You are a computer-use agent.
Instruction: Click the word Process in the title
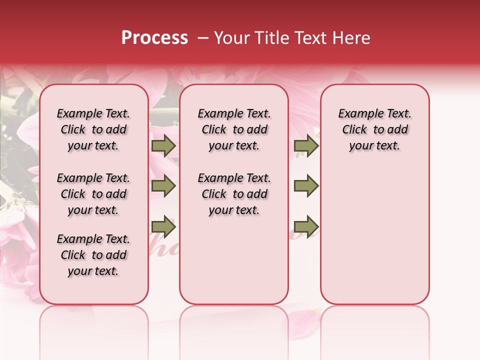[154, 38]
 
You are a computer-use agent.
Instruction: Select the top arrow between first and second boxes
[163, 146]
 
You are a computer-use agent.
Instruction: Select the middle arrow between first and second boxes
[163, 186]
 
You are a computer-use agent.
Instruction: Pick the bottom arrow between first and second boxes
[163, 227]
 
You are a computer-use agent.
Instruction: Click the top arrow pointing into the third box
[306, 146]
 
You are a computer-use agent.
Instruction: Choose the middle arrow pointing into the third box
[306, 186]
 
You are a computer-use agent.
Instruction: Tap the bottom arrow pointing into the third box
[306, 227]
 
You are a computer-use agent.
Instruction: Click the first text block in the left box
[93, 129]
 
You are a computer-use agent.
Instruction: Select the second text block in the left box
[93, 194]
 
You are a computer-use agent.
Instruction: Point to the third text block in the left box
[93, 255]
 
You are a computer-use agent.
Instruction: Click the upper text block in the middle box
[234, 129]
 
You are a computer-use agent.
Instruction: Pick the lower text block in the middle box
[234, 194]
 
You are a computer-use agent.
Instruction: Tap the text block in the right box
[374, 129]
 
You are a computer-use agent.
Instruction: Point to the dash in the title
[203, 38]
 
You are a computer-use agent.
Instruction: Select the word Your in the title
[232, 38]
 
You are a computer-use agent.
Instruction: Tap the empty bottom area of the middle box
[234, 265]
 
